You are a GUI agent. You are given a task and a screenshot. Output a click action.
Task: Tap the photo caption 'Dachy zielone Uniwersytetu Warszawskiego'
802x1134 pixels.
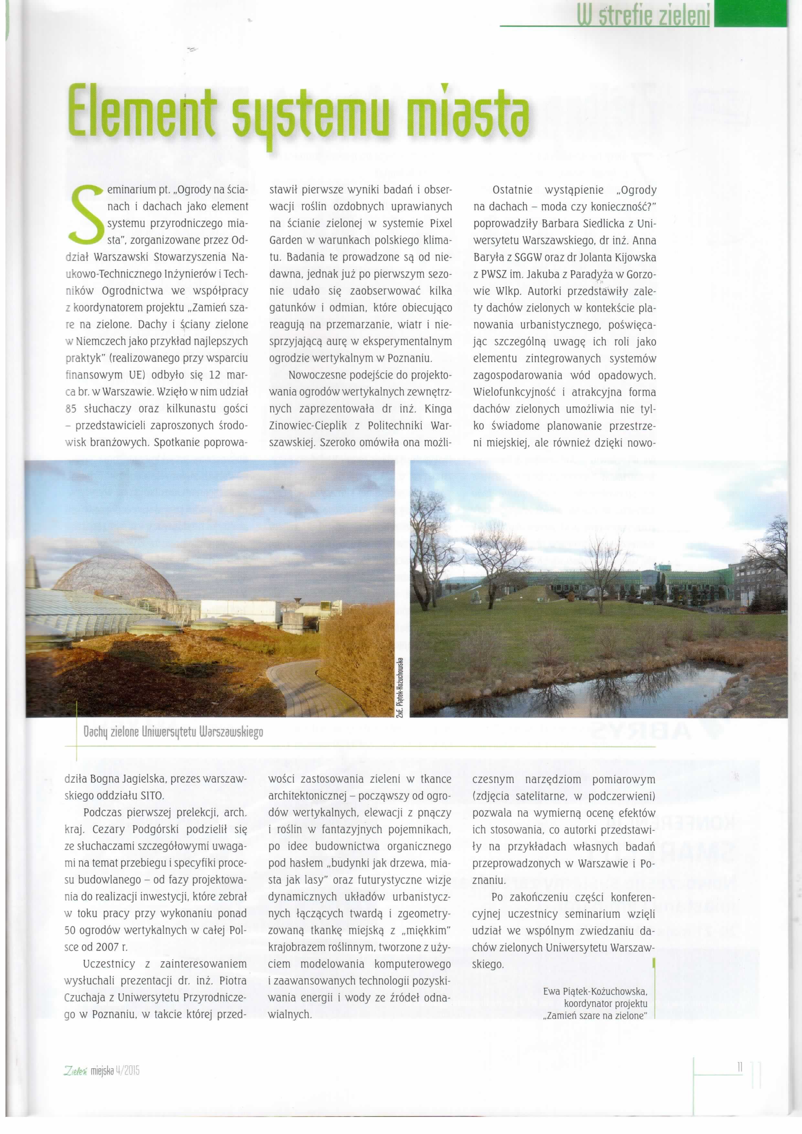173,732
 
